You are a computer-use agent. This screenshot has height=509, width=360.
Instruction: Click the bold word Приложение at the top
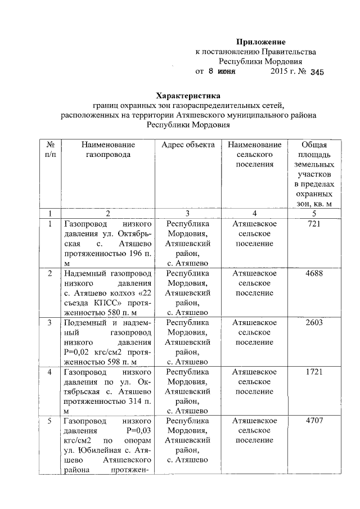coord(261,42)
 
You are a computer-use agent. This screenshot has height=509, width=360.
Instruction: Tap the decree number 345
coord(317,72)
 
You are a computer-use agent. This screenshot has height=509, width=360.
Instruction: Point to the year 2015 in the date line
coord(280,72)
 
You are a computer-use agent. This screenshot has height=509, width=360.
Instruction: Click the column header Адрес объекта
coord(188,145)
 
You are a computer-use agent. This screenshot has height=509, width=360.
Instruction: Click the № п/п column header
coord(50,149)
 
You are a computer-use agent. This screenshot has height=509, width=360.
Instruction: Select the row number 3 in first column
coord(50,323)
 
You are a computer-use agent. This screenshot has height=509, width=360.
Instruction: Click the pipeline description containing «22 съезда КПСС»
coord(108,293)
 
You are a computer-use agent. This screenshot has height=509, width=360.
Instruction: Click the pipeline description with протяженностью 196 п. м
coord(108,244)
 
